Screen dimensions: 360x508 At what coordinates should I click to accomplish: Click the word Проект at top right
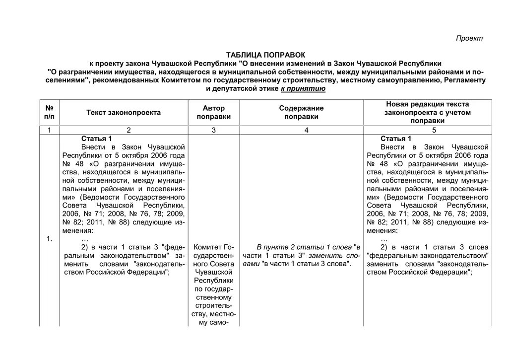pyautogui.click(x=469, y=39)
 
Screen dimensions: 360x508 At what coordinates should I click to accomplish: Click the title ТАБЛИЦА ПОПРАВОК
pyautogui.click(x=265, y=55)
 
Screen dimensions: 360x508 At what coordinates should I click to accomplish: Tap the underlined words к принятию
pyautogui.click(x=303, y=88)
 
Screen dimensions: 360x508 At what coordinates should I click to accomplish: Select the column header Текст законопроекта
pyautogui.click(x=124, y=113)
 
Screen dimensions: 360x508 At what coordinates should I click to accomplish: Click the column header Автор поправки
pyautogui.click(x=214, y=113)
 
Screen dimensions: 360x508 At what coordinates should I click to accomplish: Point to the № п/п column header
pyautogui.click(x=49, y=113)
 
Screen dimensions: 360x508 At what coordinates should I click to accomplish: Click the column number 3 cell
pyautogui.click(x=214, y=130)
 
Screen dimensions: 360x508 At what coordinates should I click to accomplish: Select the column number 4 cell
pyautogui.click(x=306, y=130)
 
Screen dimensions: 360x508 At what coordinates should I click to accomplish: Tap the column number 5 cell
pyautogui.click(x=434, y=130)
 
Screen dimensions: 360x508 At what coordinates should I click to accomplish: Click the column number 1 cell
pyautogui.click(x=49, y=130)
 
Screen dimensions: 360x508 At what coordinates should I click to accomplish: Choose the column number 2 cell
pyautogui.click(x=128, y=130)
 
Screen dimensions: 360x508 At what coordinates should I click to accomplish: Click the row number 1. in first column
pyautogui.click(x=49, y=239)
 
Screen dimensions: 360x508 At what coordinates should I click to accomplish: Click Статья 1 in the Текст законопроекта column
pyautogui.click(x=97, y=139)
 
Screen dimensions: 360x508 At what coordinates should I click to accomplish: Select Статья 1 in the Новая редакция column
pyautogui.click(x=396, y=139)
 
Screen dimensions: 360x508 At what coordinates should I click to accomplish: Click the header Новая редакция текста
pyautogui.click(x=427, y=104)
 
